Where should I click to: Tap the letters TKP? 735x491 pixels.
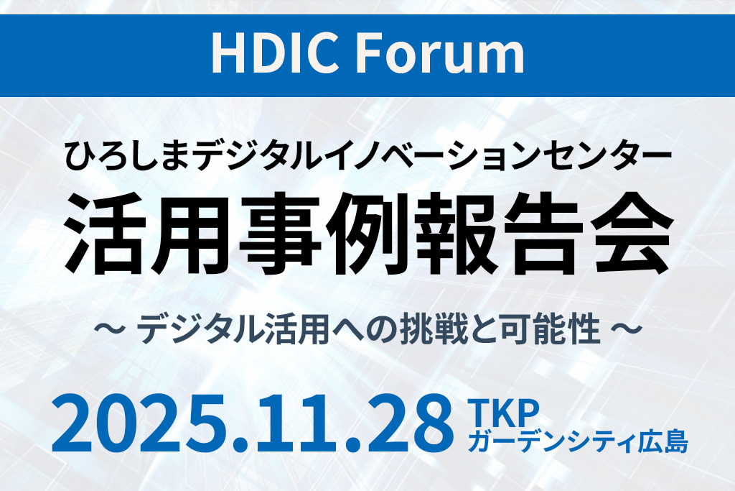click(x=503, y=412)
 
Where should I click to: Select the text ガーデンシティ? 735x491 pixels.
click(x=554, y=441)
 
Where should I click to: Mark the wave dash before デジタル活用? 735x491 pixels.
click(x=109, y=328)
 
